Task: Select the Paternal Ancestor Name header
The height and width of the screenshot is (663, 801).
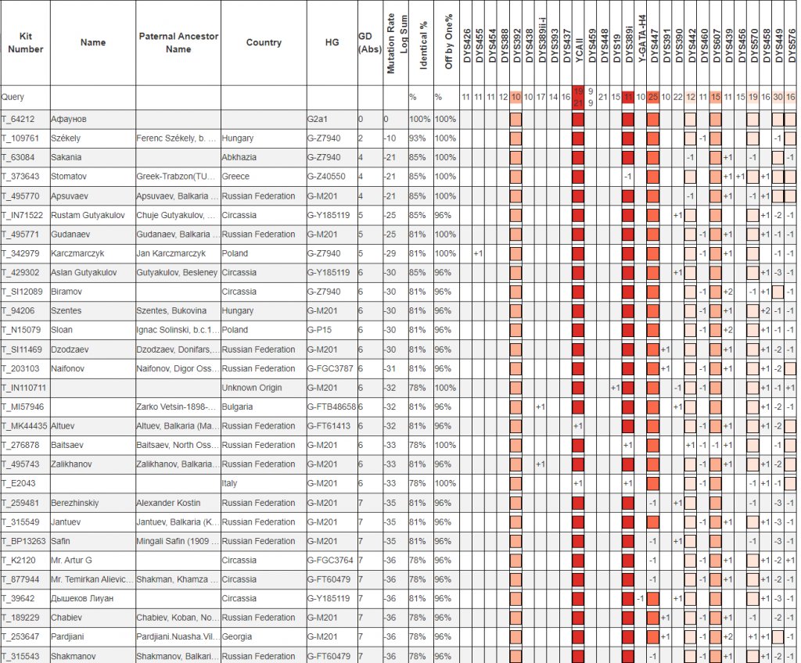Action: pos(178,42)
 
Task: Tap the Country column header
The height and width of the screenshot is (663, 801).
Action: pos(264,42)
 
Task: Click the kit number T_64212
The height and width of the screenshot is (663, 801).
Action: pos(18,119)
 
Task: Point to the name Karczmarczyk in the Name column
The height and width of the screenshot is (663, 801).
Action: pos(77,253)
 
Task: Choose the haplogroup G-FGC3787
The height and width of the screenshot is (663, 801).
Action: pos(330,368)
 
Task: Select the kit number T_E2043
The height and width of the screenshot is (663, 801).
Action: pos(18,483)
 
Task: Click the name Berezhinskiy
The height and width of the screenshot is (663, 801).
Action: pos(76,503)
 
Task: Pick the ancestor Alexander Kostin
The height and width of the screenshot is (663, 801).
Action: pos(166,503)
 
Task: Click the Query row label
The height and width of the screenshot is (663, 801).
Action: pos(13,97)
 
